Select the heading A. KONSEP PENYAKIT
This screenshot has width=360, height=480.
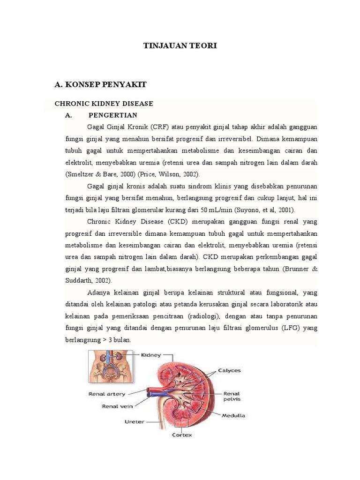tap(101, 84)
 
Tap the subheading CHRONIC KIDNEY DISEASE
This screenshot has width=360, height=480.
tap(104, 103)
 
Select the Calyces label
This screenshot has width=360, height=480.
tap(229, 370)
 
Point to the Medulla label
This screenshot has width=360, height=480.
tap(233, 415)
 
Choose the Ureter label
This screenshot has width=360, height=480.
tap(134, 421)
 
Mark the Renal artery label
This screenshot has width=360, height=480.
tap(107, 394)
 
